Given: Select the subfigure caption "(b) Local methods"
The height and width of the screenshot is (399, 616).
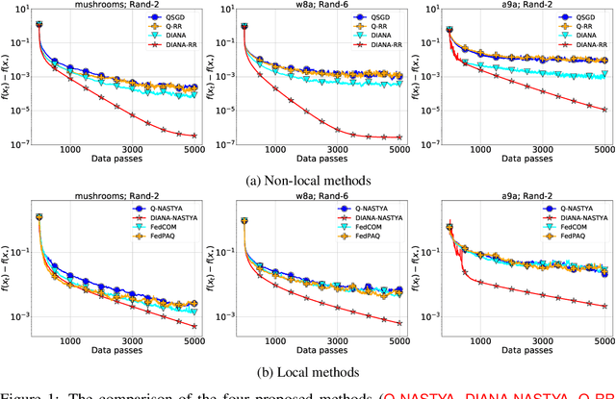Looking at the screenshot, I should coord(307,371).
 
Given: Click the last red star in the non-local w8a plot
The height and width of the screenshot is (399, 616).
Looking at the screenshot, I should coord(398,137).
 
